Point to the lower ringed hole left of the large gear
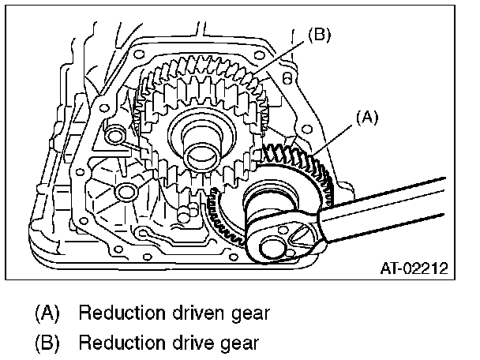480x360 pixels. [x=124, y=192]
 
